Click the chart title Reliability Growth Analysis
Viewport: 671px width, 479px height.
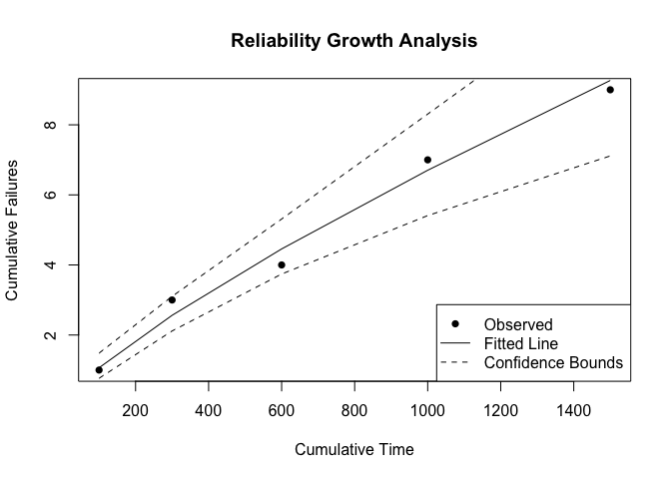tap(353, 42)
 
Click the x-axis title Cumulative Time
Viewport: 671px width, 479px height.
tap(353, 449)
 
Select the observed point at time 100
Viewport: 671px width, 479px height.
tap(99, 370)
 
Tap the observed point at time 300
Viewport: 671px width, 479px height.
tap(172, 299)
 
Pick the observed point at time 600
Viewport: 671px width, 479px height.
tap(282, 264)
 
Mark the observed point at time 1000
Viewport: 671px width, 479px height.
tap(427, 160)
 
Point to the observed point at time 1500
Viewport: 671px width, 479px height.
tap(610, 90)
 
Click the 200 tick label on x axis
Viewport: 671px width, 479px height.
tap(136, 409)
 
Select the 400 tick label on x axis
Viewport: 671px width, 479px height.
tap(209, 409)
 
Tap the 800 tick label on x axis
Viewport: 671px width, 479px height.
tap(354, 409)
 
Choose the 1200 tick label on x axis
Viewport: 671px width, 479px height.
tap(500, 409)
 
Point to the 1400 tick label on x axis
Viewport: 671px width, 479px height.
tap(573, 409)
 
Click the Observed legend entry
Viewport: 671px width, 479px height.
tap(517, 324)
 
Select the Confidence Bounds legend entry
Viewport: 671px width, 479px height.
tap(552, 362)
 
